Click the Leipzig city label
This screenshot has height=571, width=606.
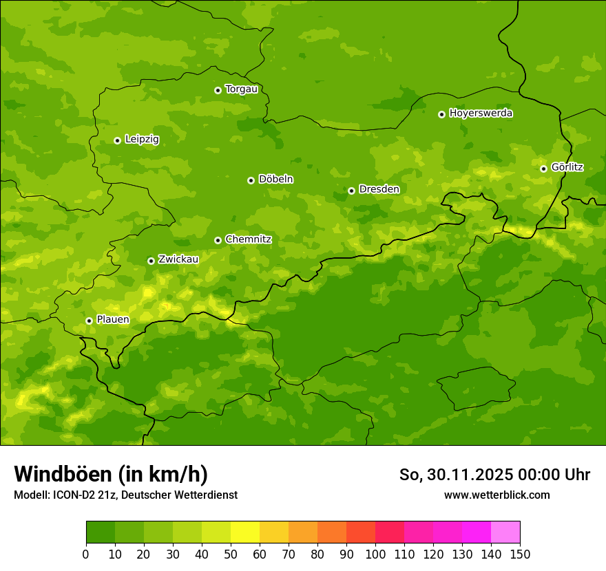(142, 140)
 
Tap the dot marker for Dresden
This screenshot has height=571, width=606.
(351, 191)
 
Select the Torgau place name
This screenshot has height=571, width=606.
(241, 89)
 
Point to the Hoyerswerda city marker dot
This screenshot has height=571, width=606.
(441, 114)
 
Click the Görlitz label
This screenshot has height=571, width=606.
(567, 167)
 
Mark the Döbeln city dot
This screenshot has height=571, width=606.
(251, 180)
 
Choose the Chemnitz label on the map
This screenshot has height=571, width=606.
(248, 239)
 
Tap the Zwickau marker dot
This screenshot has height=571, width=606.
(151, 261)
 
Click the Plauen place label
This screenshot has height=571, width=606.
(112, 320)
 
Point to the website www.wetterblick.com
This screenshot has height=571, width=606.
(497, 495)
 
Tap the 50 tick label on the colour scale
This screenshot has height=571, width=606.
(231, 554)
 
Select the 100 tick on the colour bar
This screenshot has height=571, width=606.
(375, 554)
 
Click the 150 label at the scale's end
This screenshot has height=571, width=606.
(520, 554)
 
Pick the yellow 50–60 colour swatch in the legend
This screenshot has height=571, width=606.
(245, 532)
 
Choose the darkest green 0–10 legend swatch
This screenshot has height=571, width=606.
(101, 532)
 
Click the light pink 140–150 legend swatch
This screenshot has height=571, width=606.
(505, 532)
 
